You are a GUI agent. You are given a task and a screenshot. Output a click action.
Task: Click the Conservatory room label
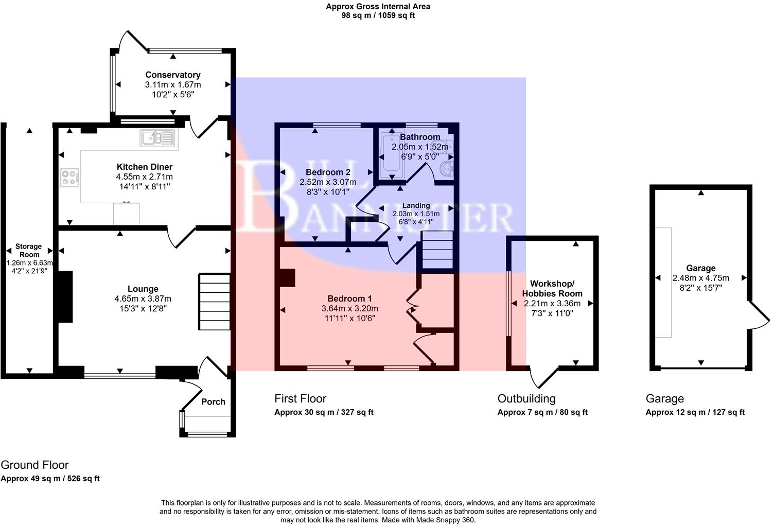click(172, 75)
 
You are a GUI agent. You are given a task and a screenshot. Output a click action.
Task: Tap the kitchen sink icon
click(157, 138)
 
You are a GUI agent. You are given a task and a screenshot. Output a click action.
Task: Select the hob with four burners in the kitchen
click(69, 178)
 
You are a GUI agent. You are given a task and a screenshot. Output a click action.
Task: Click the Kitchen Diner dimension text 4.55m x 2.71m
click(144, 177)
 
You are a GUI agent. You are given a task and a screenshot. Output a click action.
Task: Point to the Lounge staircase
click(214, 302)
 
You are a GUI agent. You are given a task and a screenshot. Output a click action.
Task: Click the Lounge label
click(143, 289)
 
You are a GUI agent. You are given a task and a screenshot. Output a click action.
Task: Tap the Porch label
click(213, 401)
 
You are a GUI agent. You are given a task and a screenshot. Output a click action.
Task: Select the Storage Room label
click(29, 251)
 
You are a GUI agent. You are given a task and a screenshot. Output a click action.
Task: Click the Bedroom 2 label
click(328, 172)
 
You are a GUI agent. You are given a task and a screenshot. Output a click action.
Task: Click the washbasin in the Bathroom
click(446, 168)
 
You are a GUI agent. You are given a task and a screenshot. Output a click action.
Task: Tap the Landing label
click(416, 205)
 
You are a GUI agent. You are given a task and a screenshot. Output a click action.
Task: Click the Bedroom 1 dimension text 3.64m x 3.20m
click(349, 308)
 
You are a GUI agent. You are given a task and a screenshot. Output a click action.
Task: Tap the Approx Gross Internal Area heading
click(378, 7)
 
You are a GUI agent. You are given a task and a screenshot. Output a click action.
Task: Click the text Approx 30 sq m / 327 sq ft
click(324, 412)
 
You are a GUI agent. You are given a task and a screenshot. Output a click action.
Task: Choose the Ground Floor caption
click(34, 465)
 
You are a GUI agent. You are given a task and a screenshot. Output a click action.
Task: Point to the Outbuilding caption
click(526, 398)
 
